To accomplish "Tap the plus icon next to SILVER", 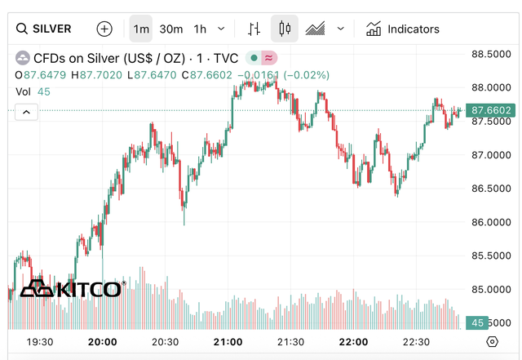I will (x=104, y=29).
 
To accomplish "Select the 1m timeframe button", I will (x=141, y=29).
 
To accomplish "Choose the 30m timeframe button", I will (x=171, y=29).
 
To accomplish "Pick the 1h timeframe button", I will (x=200, y=29).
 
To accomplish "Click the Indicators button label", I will (x=413, y=29).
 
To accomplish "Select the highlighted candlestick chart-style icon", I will (x=285, y=29).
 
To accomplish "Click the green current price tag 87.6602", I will (x=491, y=110).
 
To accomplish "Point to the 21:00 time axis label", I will (x=228, y=342).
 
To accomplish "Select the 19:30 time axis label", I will (x=40, y=342).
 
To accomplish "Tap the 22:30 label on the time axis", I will (x=416, y=342).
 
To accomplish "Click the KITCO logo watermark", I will (x=72, y=288).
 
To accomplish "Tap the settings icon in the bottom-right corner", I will (x=492, y=342).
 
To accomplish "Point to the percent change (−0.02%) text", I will (x=307, y=75).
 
